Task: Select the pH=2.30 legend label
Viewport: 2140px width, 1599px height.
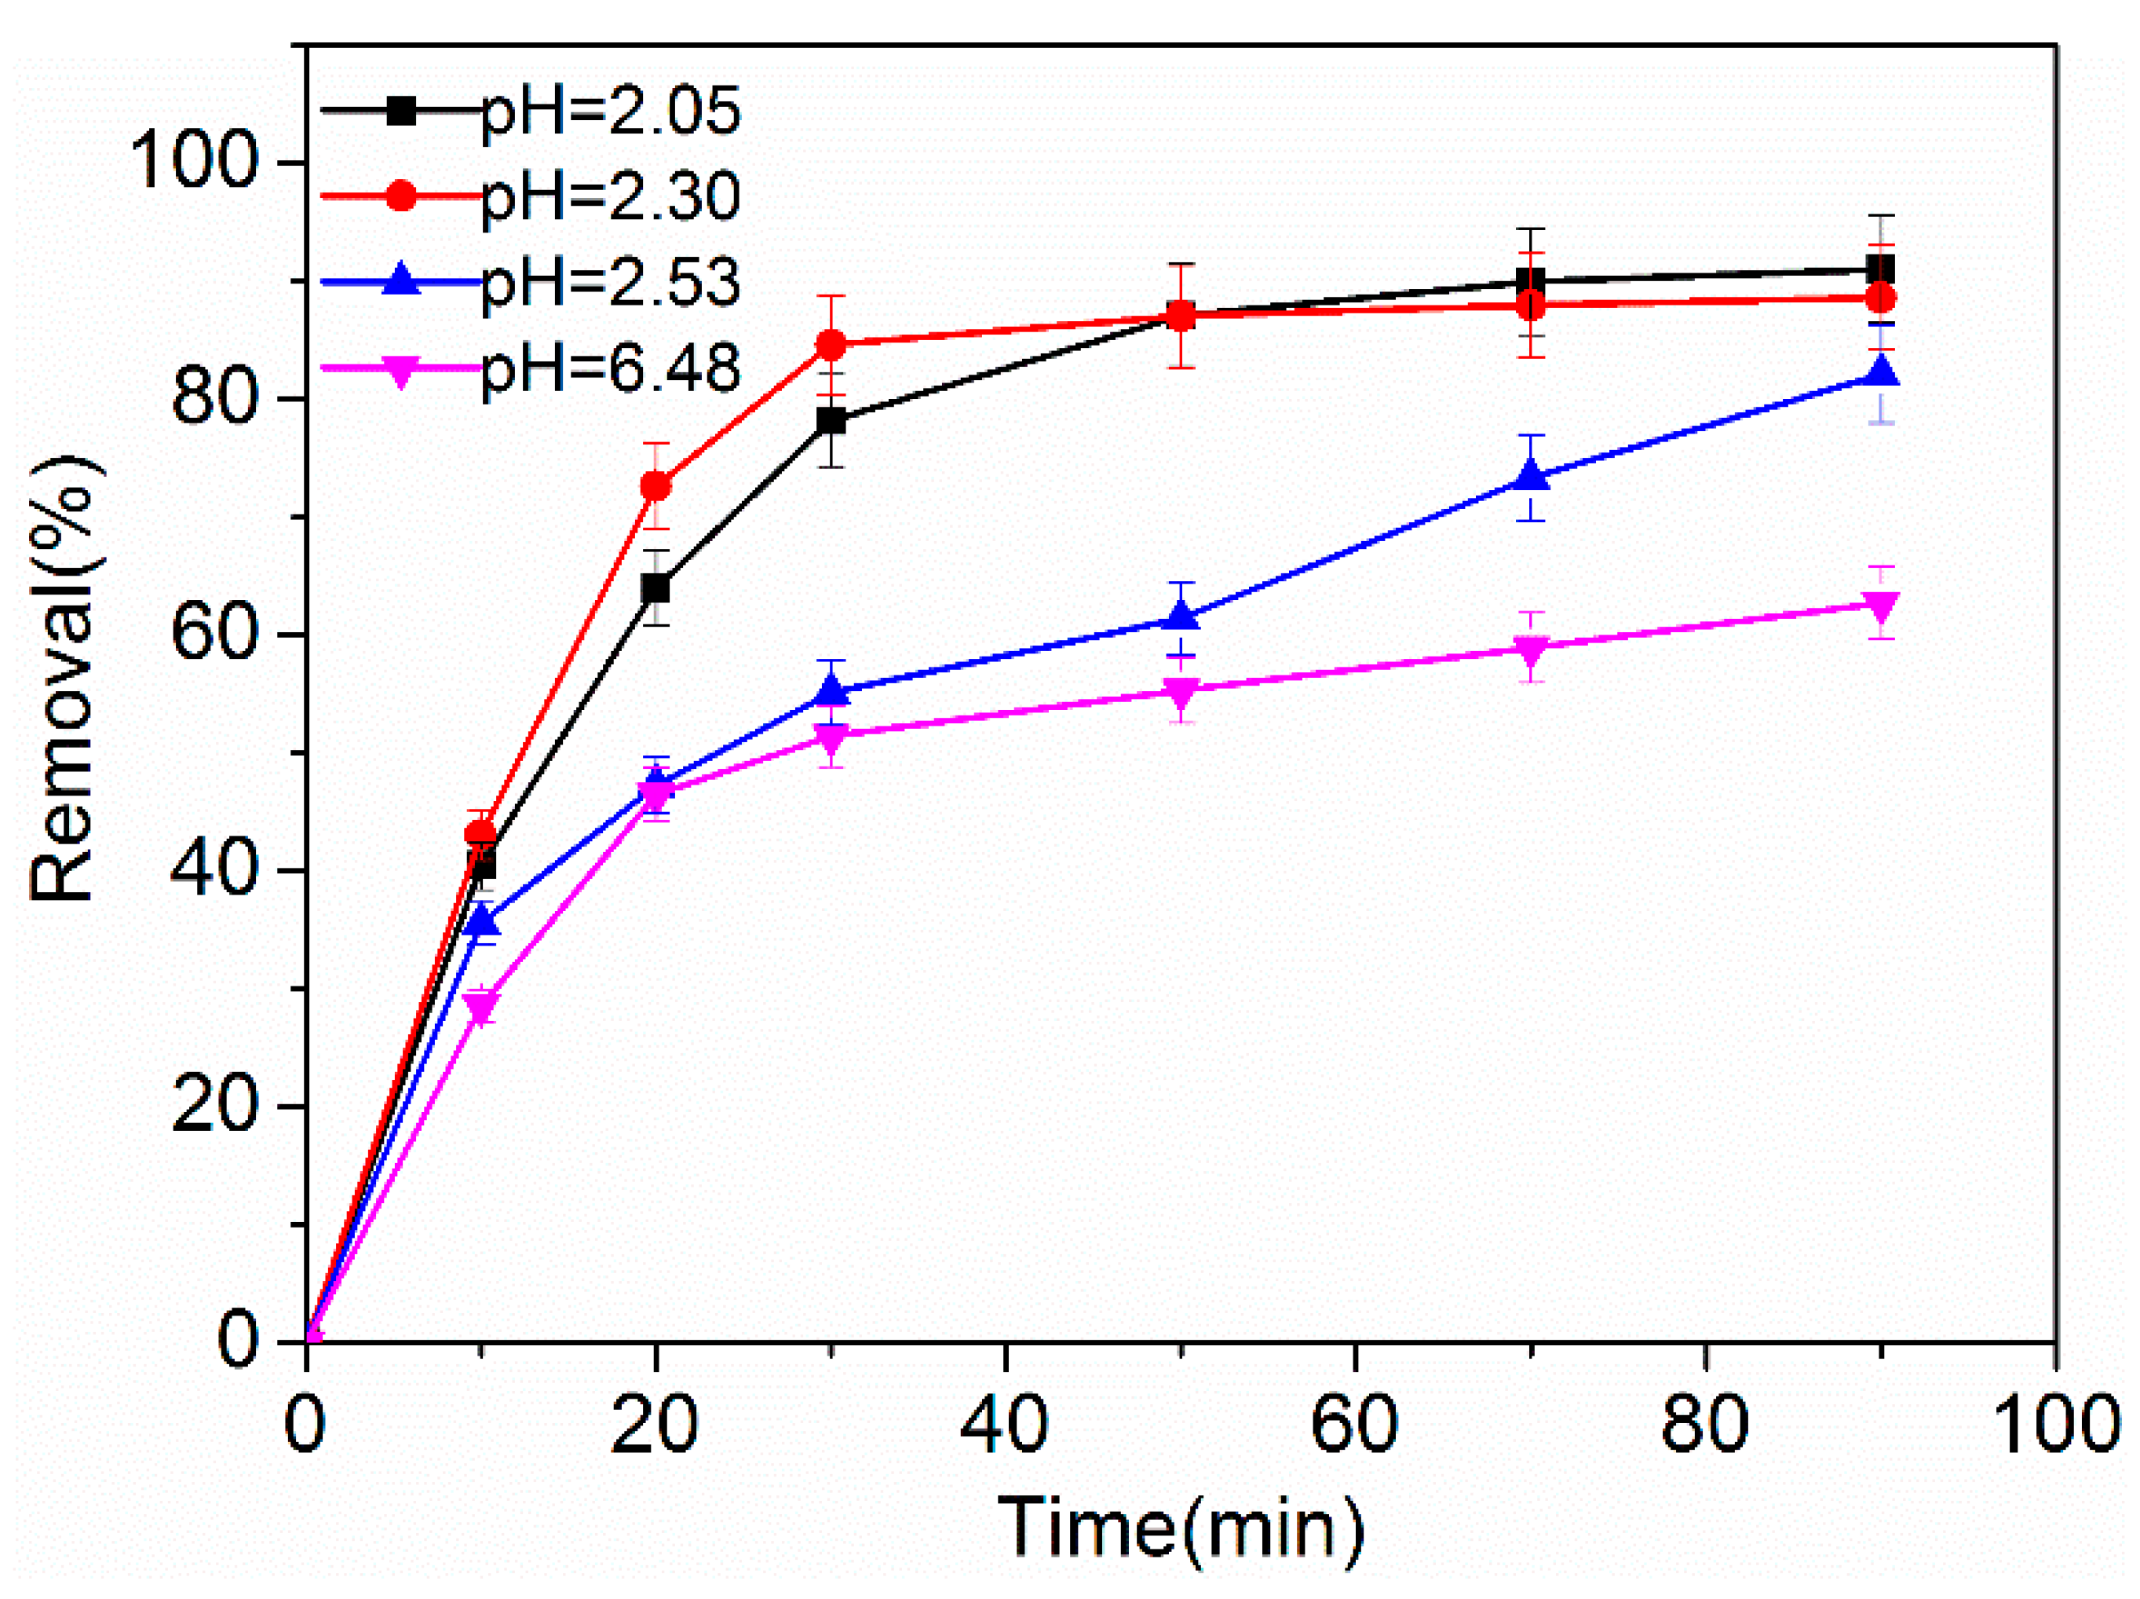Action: pyautogui.click(x=609, y=196)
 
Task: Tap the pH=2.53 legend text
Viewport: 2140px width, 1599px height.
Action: pyautogui.click(x=609, y=283)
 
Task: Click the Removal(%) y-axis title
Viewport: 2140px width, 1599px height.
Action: pyautogui.click(x=62, y=678)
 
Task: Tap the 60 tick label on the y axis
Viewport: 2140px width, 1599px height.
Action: pyautogui.click(x=213, y=635)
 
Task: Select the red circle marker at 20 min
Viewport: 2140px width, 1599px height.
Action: pyautogui.click(x=656, y=486)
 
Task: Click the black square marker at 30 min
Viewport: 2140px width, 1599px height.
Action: pyautogui.click(x=831, y=421)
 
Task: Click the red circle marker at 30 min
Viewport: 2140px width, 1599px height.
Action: pyautogui.click(x=831, y=345)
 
